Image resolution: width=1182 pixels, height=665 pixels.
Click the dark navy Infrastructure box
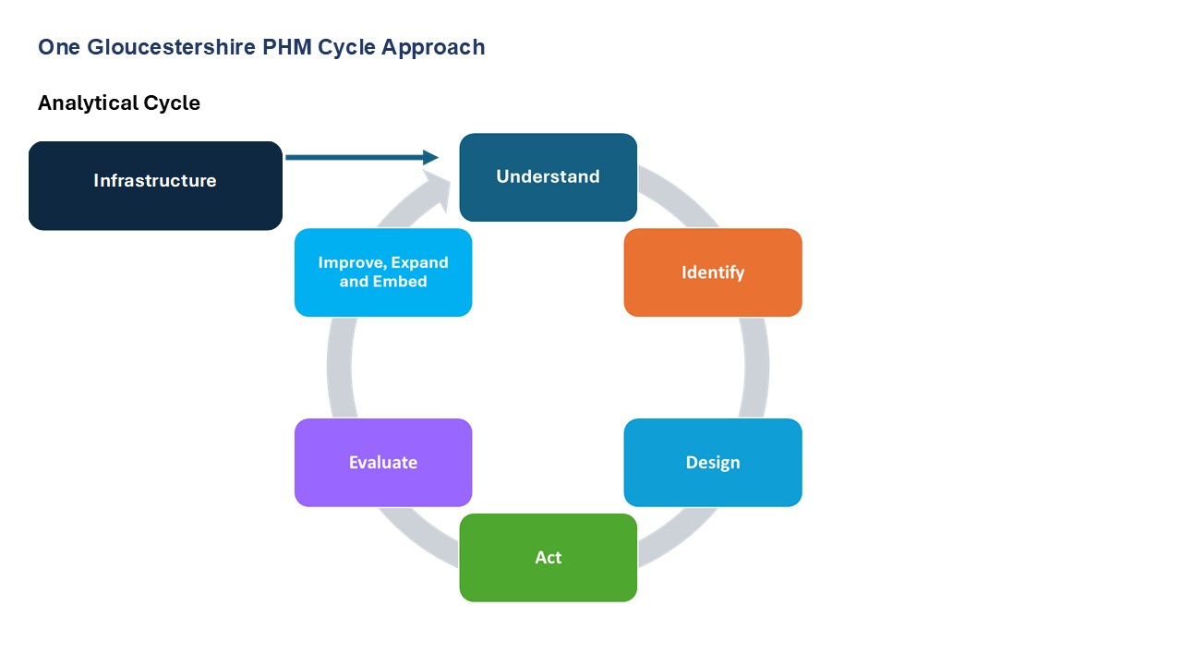155,185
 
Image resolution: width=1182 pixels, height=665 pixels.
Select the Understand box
548,177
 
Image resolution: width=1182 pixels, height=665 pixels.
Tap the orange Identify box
712,272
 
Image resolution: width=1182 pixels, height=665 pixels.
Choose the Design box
712,463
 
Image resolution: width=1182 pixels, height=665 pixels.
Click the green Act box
548,558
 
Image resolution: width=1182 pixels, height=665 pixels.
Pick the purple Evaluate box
382,463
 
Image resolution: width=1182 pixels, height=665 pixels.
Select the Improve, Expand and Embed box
382,272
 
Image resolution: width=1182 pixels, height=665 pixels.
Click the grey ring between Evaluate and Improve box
340,368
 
